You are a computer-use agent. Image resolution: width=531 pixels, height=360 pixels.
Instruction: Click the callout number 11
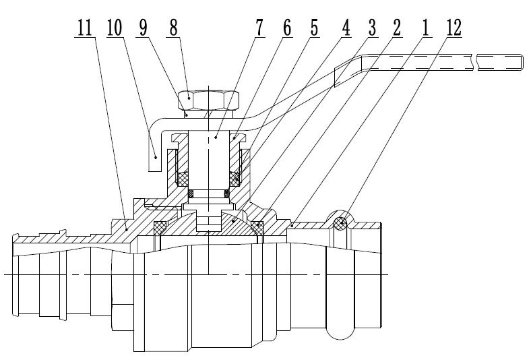tap(84, 28)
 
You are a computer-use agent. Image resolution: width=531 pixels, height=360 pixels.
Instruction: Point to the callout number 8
tap(174, 28)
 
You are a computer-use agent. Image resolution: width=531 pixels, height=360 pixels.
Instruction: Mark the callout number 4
tap(345, 28)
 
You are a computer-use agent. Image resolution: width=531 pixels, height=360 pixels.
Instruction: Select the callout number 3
tap(374, 28)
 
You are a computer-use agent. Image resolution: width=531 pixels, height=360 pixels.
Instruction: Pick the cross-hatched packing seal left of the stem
tap(183, 179)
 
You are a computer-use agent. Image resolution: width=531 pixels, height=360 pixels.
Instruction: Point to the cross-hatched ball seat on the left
tap(162, 228)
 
